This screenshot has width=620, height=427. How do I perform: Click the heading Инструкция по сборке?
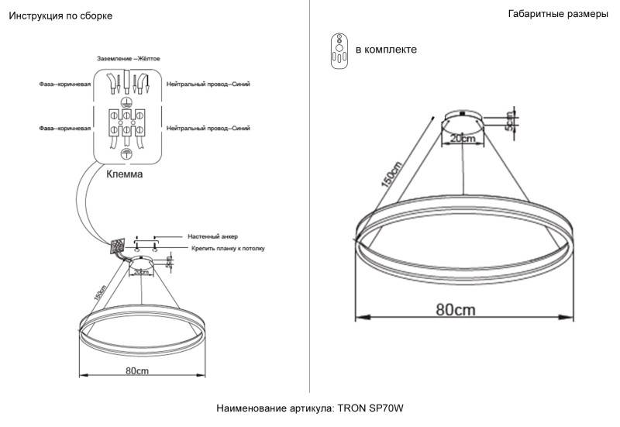pos(55,16)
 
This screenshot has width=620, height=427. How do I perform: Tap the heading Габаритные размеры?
pos(558,15)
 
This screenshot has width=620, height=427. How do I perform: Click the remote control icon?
pos(338,50)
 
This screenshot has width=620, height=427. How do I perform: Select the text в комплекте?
pos(386,50)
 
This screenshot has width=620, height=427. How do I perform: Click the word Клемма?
pos(125,175)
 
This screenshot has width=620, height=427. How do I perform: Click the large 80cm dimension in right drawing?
pos(455,309)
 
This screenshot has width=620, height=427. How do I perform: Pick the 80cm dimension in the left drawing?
pos(137,371)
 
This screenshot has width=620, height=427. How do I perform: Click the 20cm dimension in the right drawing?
pos(463,138)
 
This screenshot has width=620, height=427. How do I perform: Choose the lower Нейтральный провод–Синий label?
pos(208,127)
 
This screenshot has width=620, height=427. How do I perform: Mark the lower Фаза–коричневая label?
pos(65,127)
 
